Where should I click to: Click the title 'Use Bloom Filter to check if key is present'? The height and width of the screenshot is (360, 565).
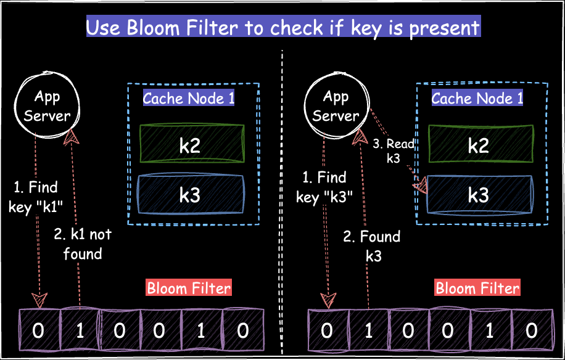[x=282, y=28]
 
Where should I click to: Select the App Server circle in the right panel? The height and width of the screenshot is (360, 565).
[x=336, y=106]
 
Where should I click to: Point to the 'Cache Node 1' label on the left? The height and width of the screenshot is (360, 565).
[x=189, y=99]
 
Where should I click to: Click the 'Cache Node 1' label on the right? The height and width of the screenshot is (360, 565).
[x=477, y=99]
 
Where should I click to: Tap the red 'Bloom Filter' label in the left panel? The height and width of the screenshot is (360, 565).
[x=189, y=288]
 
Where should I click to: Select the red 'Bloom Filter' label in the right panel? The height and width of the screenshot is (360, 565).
[x=477, y=288]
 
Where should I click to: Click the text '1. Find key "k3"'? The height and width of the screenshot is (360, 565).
[x=323, y=187]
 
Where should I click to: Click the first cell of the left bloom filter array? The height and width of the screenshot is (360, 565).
[x=38, y=330]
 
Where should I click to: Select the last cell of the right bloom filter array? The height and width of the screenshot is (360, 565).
[x=531, y=330]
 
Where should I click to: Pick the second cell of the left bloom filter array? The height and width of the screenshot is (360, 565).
[x=79, y=330]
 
